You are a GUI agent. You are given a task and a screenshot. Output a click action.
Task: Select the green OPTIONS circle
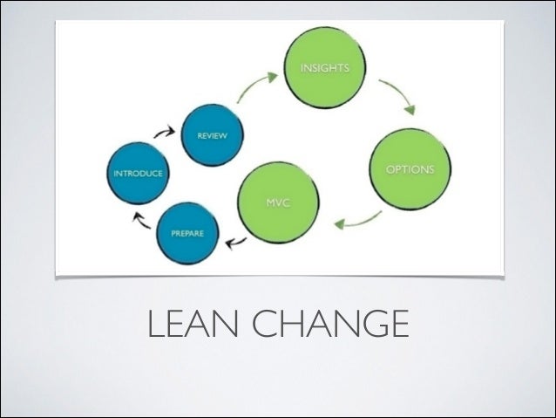click(x=410, y=168)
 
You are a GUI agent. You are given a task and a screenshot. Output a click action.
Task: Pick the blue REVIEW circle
click(x=211, y=136)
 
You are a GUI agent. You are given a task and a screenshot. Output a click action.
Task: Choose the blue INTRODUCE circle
click(x=137, y=174)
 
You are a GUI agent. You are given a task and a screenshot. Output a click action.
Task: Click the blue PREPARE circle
click(x=187, y=234)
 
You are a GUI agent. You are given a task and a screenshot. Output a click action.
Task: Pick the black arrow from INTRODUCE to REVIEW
click(x=164, y=133)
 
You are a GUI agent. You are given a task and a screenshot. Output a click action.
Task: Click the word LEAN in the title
click(x=193, y=325)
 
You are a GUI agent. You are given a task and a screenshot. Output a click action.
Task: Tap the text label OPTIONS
click(x=410, y=168)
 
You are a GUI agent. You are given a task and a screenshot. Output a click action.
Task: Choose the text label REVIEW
click(x=212, y=136)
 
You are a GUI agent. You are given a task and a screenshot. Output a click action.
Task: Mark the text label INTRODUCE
click(x=137, y=174)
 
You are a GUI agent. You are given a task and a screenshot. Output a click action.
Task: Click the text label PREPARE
click(x=186, y=234)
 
